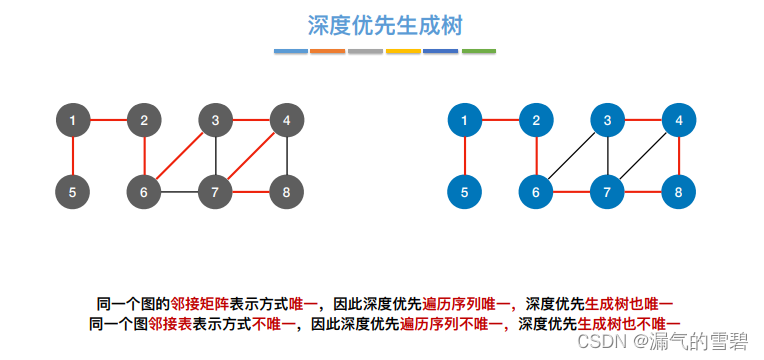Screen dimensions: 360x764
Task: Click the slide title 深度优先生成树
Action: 384,24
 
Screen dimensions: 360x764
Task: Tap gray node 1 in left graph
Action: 72,121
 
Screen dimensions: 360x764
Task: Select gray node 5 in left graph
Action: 72,189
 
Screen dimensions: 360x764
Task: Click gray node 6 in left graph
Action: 144,189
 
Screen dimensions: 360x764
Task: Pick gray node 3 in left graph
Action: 215,121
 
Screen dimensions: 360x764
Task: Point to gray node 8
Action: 287,189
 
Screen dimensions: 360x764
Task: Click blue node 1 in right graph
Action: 465,121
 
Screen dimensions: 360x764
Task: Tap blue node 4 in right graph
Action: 679,121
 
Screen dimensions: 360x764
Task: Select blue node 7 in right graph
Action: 608,189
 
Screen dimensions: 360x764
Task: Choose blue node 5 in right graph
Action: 465,189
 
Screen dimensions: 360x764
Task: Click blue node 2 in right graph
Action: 537,121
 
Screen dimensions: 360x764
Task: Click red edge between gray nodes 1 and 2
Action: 108,121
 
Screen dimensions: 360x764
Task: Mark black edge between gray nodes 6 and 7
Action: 180,190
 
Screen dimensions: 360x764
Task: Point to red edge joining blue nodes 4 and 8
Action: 680,155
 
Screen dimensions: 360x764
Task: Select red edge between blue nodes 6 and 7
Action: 572,190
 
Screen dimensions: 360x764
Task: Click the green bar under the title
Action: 478,51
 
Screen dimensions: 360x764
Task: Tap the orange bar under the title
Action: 327,51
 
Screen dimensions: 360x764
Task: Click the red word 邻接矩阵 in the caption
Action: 200,303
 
